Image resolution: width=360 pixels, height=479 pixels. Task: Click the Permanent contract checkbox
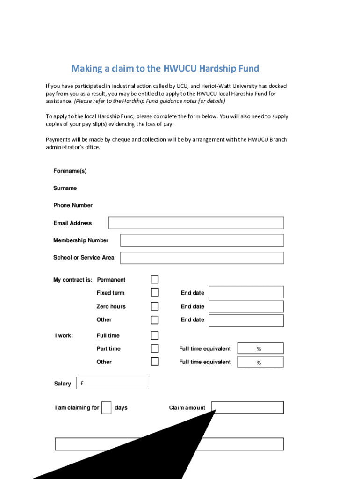(x=155, y=279)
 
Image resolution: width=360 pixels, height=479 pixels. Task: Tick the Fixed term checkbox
(x=155, y=292)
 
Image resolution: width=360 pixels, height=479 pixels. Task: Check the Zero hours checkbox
(x=155, y=306)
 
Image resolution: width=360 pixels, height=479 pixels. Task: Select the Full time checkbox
(x=155, y=335)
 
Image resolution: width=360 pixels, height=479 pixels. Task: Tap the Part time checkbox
(x=155, y=348)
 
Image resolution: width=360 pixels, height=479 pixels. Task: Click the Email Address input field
(x=196, y=223)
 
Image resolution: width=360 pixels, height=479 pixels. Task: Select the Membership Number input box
(x=202, y=240)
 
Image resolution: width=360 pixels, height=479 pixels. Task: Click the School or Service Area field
(x=202, y=258)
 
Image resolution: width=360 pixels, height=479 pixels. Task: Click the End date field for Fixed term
(x=246, y=292)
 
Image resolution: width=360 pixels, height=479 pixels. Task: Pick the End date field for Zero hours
(x=246, y=306)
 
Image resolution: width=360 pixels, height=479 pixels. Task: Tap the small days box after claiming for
(x=107, y=407)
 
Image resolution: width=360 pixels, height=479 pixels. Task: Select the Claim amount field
(x=248, y=407)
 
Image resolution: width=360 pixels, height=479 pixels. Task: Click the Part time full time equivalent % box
(x=260, y=348)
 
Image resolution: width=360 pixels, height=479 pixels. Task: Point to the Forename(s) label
(x=70, y=171)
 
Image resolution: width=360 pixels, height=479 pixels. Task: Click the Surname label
(x=65, y=188)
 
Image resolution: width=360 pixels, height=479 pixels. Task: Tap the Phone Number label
(x=73, y=205)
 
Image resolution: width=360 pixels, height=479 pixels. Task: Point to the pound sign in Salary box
(x=82, y=383)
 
